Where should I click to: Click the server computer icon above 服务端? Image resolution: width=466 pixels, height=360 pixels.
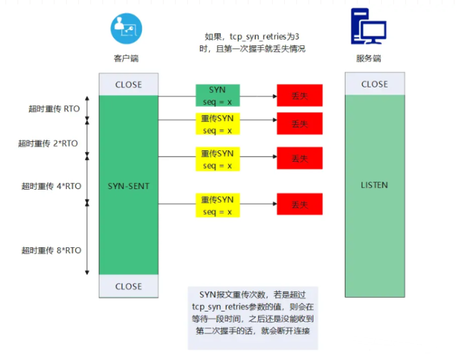(368, 27)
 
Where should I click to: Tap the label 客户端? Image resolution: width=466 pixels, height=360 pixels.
(126, 58)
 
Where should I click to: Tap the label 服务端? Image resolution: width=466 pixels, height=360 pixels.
(368, 58)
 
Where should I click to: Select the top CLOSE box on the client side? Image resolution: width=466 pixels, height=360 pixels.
(128, 85)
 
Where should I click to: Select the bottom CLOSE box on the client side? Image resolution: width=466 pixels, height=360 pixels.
(128, 286)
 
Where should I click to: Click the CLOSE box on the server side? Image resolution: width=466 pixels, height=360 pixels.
(374, 84)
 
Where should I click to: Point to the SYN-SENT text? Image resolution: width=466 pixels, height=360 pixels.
(128, 186)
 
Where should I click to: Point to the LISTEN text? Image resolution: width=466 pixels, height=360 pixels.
(374, 185)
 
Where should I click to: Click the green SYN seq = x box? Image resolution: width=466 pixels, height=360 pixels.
(217, 95)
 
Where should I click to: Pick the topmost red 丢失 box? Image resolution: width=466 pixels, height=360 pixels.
(300, 96)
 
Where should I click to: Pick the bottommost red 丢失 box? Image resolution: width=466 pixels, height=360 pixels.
(300, 205)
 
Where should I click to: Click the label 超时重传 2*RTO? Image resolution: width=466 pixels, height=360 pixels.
(48, 144)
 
